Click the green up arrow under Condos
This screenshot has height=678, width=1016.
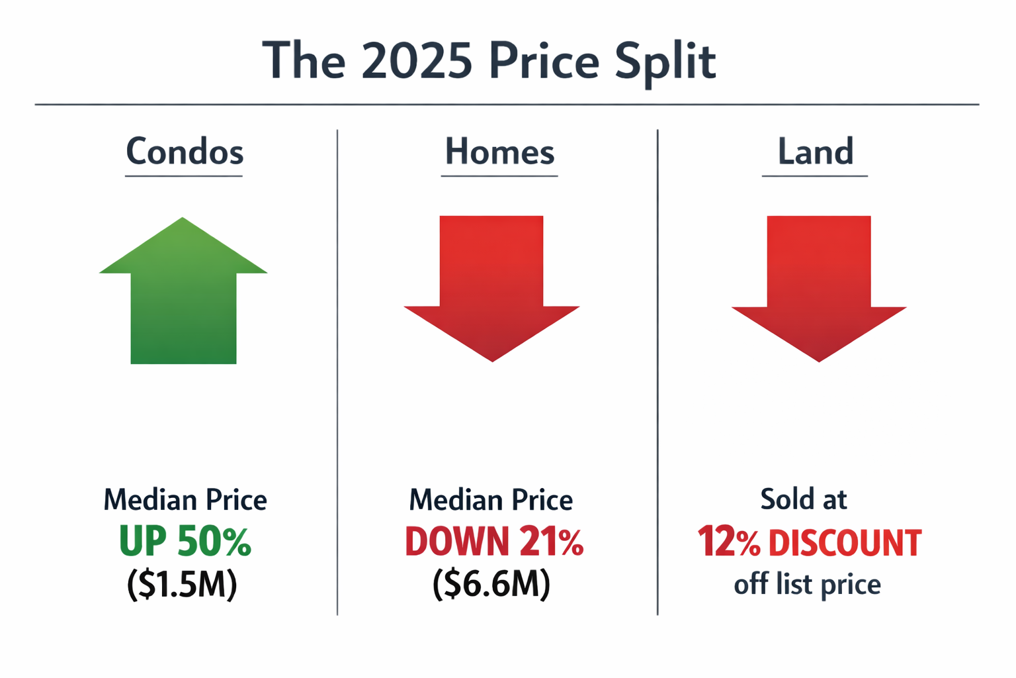click(x=183, y=298)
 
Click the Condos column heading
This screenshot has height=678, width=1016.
click(x=185, y=152)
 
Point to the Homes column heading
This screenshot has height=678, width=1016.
click(x=499, y=152)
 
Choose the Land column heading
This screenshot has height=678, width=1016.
click(x=815, y=152)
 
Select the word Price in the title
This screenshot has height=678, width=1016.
click(x=544, y=61)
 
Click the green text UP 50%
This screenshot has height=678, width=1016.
click(x=185, y=542)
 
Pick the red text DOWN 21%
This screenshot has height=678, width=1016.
click(x=494, y=542)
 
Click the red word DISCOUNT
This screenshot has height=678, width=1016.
click(x=845, y=543)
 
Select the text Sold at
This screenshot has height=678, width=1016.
click(x=804, y=499)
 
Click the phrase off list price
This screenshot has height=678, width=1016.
click(x=807, y=584)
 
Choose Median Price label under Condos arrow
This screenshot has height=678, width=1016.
click(x=185, y=499)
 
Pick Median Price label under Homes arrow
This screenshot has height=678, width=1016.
click(x=491, y=499)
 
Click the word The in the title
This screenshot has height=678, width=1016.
click(x=304, y=61)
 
